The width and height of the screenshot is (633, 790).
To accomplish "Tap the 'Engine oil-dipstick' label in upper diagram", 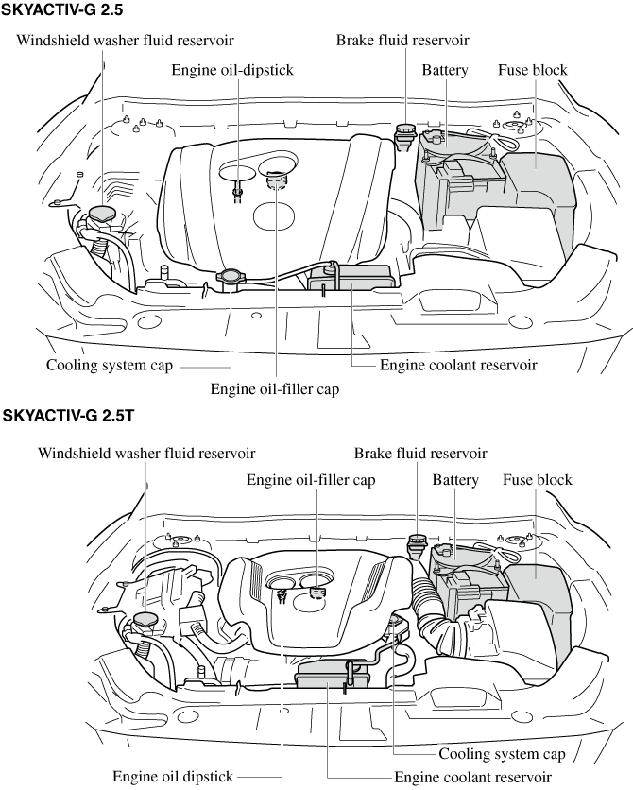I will pyautogui.click(x=232, y=71).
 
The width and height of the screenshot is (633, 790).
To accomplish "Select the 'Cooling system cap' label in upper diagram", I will pyautogui.click(x=110, y=365).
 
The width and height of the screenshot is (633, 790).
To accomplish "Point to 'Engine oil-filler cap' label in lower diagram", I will pyautogui.click(x=311, y=480).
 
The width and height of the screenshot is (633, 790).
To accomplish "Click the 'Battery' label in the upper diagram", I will pyautogui.click(x=445, y=71).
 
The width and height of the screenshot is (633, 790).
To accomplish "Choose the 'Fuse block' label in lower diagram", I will pyautogui.click(x=537, y=480).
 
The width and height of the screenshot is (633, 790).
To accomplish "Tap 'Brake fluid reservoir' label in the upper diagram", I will pyautogui.click(x=402, y=40).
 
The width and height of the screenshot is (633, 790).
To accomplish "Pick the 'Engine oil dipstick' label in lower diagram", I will pyautogui.click(x=173, y=776).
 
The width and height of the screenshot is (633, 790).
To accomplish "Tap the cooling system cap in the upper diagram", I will pyautogui.click(x=230, y=278).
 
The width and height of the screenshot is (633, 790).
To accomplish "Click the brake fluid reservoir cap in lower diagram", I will pyautogui.click(x=416, y=545).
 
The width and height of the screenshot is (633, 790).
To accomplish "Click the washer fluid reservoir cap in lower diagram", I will pyautogui.click(x=145, y=621).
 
